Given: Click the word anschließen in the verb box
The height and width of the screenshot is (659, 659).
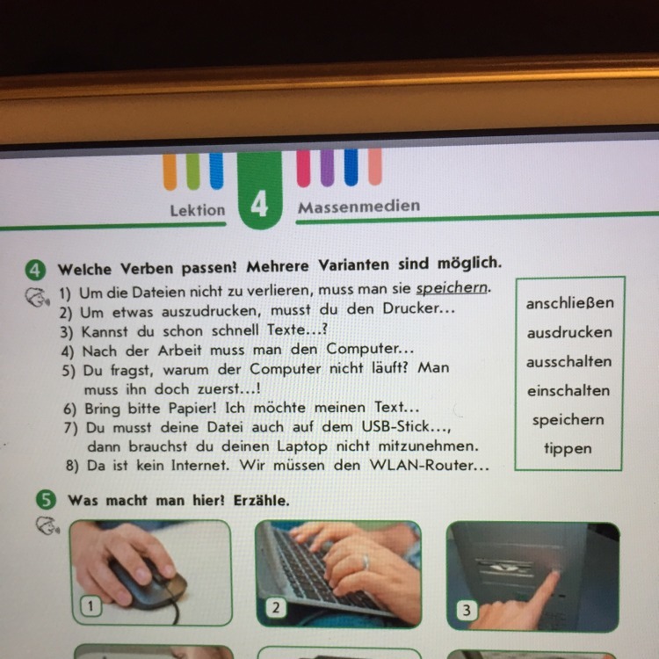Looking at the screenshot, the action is [569, 302].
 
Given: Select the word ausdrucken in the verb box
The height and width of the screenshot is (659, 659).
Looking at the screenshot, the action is [569, 332].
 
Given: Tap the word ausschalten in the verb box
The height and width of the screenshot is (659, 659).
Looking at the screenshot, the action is [568, 361].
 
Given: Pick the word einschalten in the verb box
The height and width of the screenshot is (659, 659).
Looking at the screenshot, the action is [568, 390].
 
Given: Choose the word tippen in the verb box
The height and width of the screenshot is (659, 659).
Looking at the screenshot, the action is [568, 448].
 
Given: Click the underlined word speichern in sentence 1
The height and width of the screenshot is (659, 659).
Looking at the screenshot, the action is [452, 288].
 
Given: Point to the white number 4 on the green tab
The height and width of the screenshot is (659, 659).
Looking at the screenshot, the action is [259, 205].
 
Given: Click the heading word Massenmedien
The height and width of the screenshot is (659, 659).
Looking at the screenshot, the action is [358, 206].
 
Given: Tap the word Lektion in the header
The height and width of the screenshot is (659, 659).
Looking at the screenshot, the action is [198, 210].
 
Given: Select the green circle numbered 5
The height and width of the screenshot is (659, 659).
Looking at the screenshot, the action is [46, 500].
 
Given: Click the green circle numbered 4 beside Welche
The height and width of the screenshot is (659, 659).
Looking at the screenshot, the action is [35, 271].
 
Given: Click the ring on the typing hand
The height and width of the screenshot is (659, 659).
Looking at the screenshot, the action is [366, 561].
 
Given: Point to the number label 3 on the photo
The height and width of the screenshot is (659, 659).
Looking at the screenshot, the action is [466, 610].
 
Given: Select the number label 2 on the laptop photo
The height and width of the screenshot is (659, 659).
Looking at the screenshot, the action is [276, 608].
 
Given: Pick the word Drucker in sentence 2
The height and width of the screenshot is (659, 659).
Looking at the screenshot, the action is [410, 308].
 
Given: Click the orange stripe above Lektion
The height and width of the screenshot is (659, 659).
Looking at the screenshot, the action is [170, 171].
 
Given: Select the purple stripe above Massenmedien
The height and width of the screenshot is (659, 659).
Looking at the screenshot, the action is [328, 168].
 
